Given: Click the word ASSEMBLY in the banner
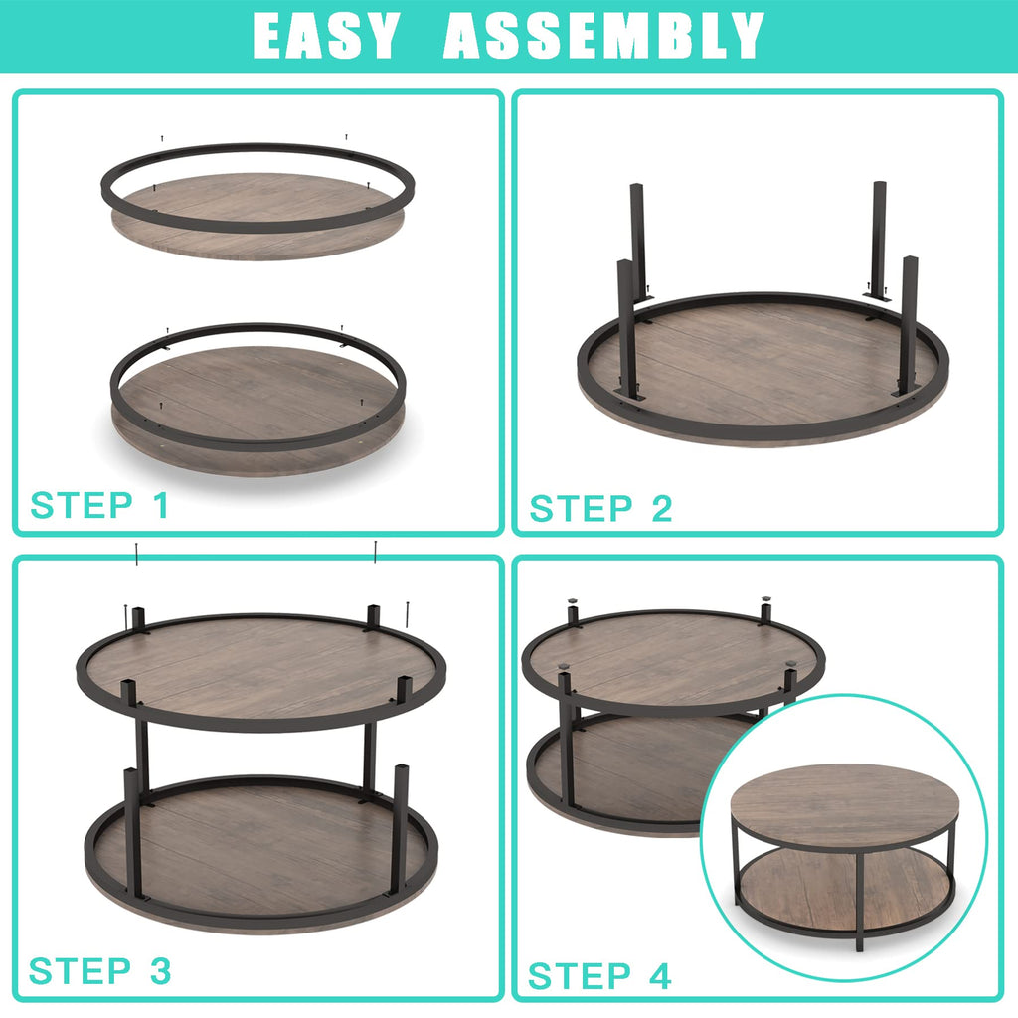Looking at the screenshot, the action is pyautogui.click(x=603, y=36).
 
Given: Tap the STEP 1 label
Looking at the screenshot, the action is pyautogui.click(x=100, y=505).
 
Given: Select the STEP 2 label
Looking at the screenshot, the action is pyautogui.click(x=600, y=508).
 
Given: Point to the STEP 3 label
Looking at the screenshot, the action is pyautogui.click(x=100, y=971).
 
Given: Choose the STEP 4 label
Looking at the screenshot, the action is pyautogui.click(x=599, y=976).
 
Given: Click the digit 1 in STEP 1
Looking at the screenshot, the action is pyautogui.click(x=161, y=505).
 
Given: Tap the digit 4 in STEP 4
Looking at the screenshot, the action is pyautogui.click(x=660, y=976).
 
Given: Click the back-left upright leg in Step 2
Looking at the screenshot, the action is pyautogui.click(x=637, y=241).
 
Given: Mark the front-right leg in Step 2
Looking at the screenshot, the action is pyautogui.click(x=909, y=325).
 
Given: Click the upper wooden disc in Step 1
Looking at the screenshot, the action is pyautogui.click(x=257, y=216).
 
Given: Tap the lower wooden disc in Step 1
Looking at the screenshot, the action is pyautogui.click(x=258, y=409).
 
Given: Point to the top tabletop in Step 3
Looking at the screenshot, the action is pyautogui.click(x=261, y=670).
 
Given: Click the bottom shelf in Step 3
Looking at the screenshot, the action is pyautogui.click(x=261, y=851).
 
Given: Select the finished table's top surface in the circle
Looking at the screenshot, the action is pyautogui.click(x=844, y=803).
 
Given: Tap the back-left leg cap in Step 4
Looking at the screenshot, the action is pyautogui.click(x=572, y=601).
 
